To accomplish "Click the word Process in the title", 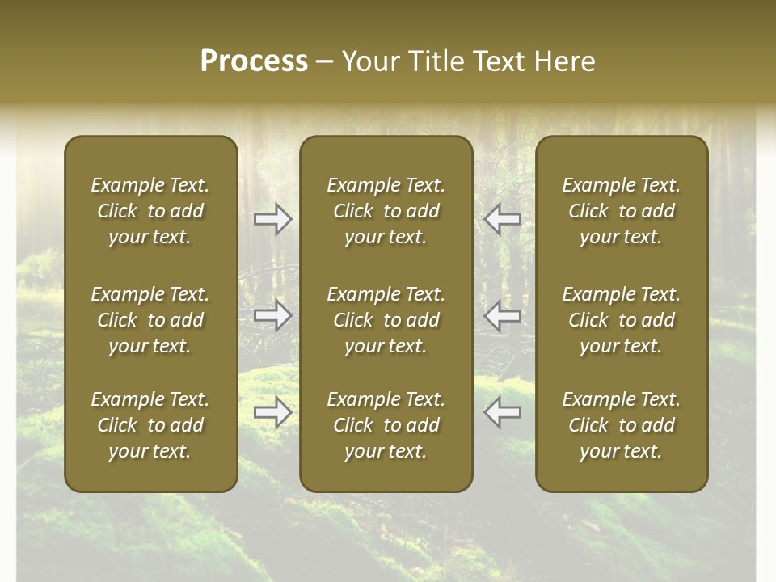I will tap(254, 61).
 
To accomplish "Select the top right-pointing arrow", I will tap(273, 219).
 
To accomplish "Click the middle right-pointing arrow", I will tap(273, 316).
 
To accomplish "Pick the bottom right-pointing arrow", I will tap(273, 412).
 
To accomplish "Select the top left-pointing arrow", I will tap(503, 219).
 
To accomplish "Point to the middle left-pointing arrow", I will tap(503, 316).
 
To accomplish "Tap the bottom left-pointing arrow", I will tap(503, 412).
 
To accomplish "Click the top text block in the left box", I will tap(150, 211).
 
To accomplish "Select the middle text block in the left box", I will tap(150, 320).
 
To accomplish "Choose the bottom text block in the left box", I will tap(150, 425).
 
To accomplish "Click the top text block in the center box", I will tap(386, 211).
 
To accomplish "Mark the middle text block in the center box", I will tap(386, 320).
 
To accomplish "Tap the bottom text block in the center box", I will tap(386, 425).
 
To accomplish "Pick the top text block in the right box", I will tap(622, 211).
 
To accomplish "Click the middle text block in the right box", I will tap(622, 320).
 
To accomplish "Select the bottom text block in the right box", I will tap(622, 425).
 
